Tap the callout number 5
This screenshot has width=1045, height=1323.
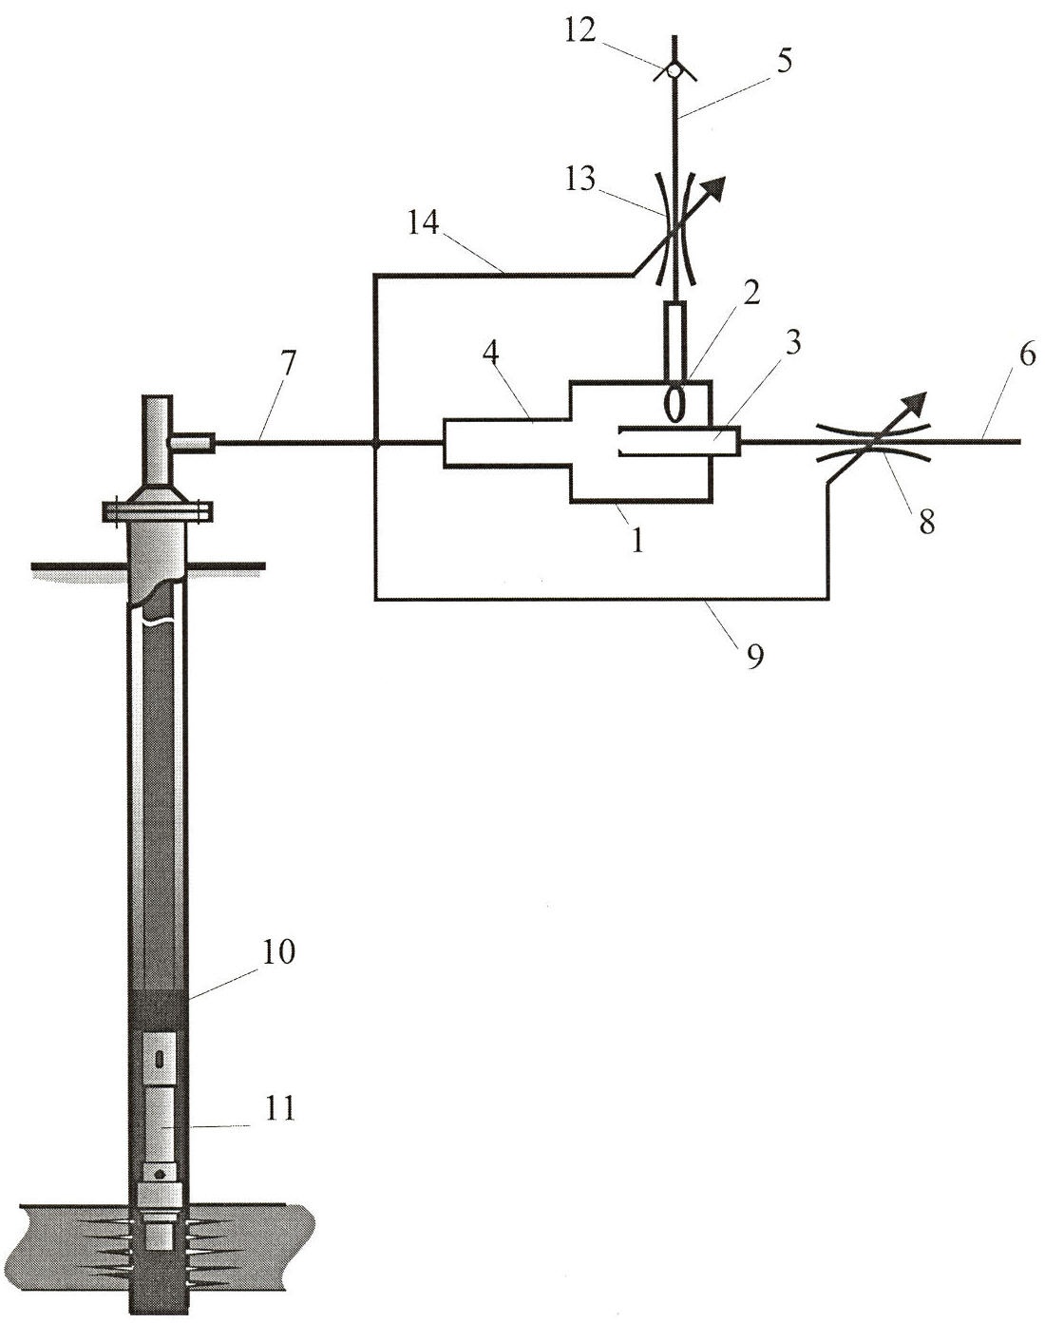pyautogui.click(x=783, y=61)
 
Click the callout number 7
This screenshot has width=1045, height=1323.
pyautogui.click(x=289, y=364)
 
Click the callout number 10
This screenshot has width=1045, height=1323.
pyautogui.click(x=278, y=951)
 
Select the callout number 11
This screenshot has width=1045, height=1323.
pyautogui.click(x=278, y=1108)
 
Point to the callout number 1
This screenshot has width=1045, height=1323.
pyautogui.click(x=638, y=541)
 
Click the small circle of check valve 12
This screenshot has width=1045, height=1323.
pyautogui.click(x=674, y=69)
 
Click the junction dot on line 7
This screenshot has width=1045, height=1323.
pyautogui.click(x=376, y=442)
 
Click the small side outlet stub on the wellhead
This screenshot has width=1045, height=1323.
pyautogui.click(x=192, y=441)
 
